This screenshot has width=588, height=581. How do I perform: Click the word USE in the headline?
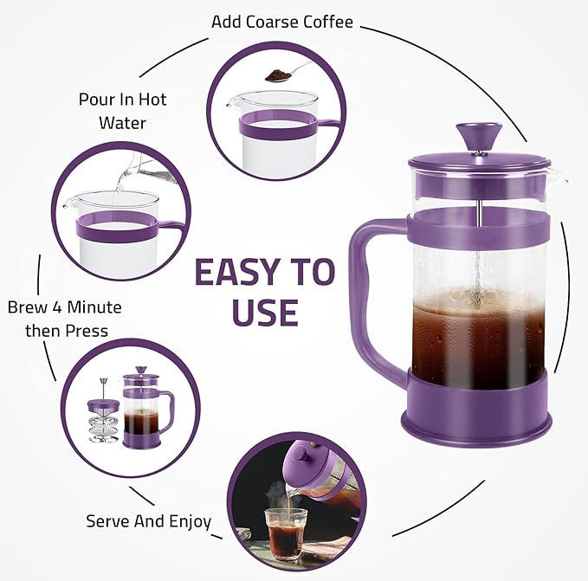tap(265, 312)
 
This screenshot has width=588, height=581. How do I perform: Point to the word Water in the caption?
tap(122, 123)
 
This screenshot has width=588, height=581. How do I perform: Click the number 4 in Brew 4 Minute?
tap(57, 307)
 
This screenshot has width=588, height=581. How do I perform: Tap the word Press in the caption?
tap(87, 331)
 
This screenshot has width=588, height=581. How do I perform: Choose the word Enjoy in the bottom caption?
tap(191, 522)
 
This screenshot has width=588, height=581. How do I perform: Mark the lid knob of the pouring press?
tap(301, 455)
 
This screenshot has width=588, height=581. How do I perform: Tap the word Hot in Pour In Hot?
tap(152, 100)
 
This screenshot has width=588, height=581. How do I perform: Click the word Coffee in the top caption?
tap(327, 22)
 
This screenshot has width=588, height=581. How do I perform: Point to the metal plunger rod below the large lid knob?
tap(479, 187)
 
